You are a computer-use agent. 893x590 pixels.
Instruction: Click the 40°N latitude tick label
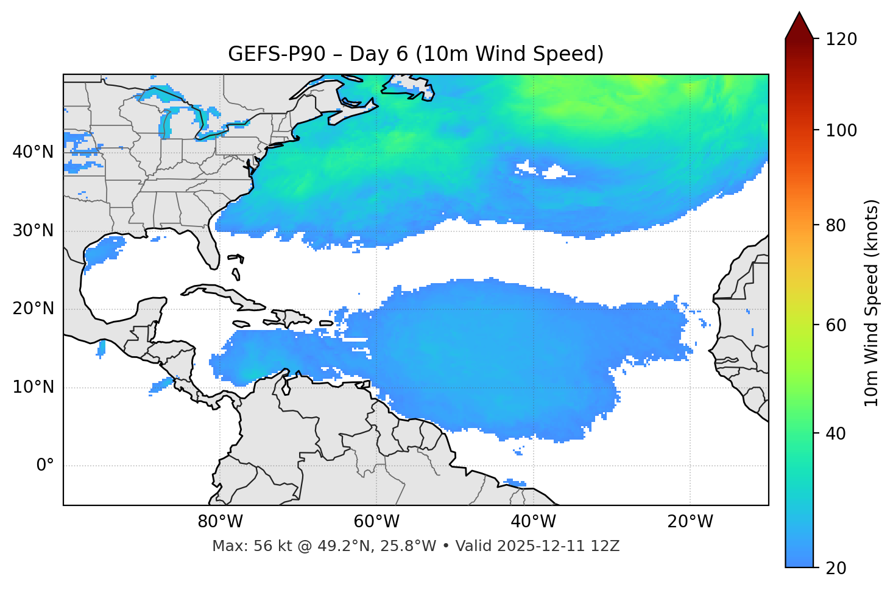(x=33, y=152)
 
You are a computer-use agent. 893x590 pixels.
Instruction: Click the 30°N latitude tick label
(x=33, y=231)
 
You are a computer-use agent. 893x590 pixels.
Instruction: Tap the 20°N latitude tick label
(x=33, y=309)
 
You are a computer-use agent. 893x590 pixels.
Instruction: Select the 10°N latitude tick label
(x=33, y=387)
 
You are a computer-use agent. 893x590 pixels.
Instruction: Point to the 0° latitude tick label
(x=45, y=466)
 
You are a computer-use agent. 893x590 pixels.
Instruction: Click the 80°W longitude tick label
(x=220, y=522)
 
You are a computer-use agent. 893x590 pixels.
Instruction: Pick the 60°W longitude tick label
(x=376, y=522)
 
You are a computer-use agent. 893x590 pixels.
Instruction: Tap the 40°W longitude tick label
(x=534, y=522)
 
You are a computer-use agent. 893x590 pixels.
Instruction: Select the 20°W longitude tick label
(x=690, y=522)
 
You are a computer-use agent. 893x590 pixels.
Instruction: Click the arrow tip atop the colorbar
(x=799, y=13)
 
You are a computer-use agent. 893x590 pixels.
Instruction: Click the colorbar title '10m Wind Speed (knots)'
(x=872, y=303)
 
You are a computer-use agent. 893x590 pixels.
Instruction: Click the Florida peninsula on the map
(x=209, y=250)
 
